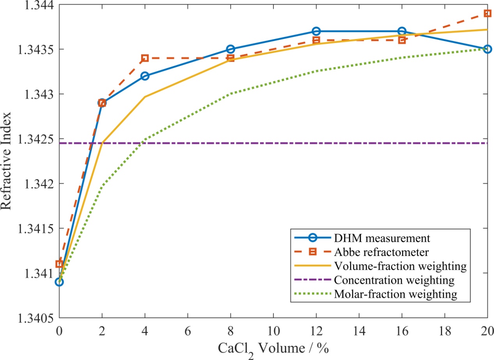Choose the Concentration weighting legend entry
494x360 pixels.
(394, 280)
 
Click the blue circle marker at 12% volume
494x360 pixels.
(316, 31)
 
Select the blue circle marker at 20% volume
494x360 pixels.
(487, 49)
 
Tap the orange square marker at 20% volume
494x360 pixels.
(487, 13)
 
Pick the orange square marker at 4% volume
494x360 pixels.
(145, 58)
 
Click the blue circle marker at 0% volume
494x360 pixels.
(59, 282)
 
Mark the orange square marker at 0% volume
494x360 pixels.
(59, 264)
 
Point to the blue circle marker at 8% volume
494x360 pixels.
(230, 49)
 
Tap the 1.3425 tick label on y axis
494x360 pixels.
(33, 139)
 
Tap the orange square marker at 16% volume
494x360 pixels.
(402, 40)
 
